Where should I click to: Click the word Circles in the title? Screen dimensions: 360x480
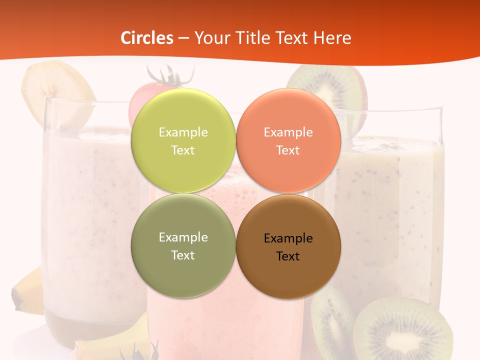click(147, 38)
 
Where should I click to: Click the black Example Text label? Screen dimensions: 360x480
click(288, 247)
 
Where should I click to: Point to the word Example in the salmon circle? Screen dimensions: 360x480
click(288, 132)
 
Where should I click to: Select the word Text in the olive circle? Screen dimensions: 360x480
click(183, 255)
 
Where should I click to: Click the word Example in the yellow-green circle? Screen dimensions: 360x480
click(183, 132)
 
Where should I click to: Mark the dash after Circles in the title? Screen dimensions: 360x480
click(183, 38)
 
